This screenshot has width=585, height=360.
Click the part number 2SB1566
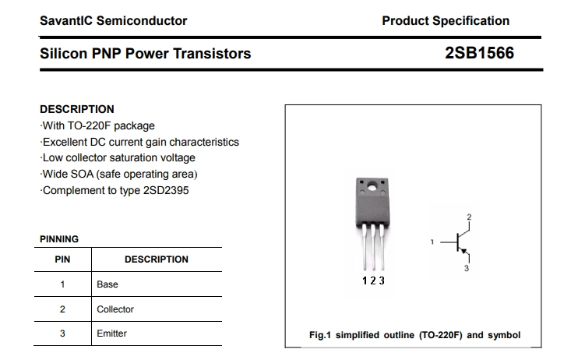479,53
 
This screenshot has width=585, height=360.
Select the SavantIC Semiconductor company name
114,21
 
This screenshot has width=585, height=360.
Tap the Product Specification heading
446,21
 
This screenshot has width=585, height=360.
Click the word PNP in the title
107,53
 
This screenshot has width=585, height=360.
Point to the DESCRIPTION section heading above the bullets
77,109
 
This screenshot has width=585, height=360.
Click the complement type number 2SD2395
166,190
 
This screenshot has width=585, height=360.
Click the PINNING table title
59,239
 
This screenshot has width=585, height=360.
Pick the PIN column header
62,259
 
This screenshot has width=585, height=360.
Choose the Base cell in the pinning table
107,284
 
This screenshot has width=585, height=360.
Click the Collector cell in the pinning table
115,309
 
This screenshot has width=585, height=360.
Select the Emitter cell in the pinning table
112,334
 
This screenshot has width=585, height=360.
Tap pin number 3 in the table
62,334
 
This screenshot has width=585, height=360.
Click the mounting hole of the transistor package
372,186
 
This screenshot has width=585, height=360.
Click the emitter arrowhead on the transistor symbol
463,252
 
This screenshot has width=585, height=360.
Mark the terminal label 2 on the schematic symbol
470,217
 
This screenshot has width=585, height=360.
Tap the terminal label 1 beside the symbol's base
432,242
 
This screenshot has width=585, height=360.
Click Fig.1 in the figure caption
320,335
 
